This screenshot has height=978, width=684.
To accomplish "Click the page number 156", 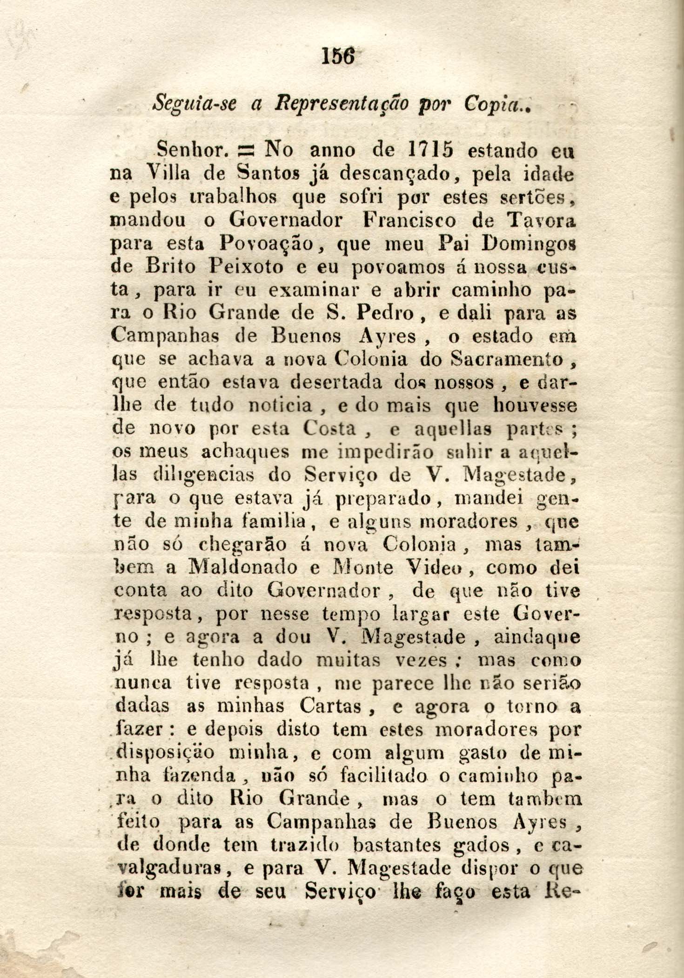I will (338, 58).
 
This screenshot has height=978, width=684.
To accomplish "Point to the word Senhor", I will (191, 151).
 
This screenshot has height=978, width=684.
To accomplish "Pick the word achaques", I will (246, 452).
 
